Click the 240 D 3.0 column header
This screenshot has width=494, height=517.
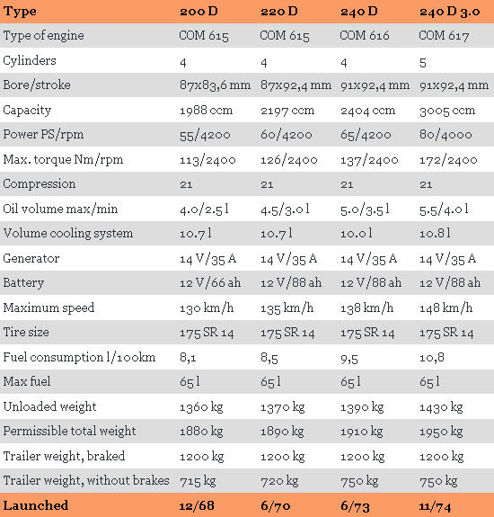[449, 12]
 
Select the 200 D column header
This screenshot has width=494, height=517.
[198, 11]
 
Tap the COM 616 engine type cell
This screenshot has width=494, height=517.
[365, 35]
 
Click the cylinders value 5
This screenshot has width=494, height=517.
[423, 63]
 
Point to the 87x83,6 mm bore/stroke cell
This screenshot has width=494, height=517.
[215, 85]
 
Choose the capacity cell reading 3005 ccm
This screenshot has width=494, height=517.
[447, 111]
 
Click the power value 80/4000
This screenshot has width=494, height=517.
[445, 135]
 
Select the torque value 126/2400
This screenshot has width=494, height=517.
[289, 160]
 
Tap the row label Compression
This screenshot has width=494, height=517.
[40, 184]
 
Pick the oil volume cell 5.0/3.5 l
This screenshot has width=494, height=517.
[365, 209]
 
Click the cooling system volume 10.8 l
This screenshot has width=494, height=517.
[435, 234]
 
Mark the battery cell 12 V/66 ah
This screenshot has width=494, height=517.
[210, 283]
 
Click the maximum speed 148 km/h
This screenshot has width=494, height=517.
[445, 308]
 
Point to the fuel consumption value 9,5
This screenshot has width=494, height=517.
[349, 359]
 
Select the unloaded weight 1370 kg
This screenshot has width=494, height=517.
[283, 408]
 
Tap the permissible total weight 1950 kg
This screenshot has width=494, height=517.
[441, 432]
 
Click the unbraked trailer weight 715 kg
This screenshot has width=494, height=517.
[198, 481]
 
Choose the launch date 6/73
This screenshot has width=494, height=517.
[355, 506]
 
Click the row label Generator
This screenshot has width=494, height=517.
[31, 258]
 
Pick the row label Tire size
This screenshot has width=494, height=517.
[26, 332]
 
